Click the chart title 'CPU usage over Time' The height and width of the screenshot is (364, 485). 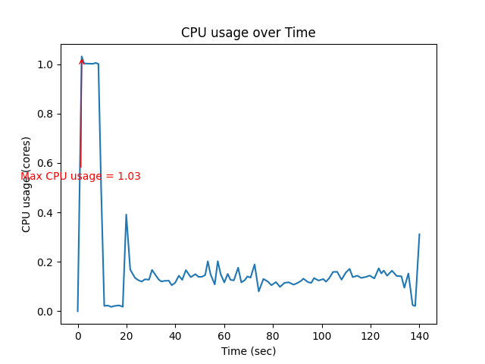248,33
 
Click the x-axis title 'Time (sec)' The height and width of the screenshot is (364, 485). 248,351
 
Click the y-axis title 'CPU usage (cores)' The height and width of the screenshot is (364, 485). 27,184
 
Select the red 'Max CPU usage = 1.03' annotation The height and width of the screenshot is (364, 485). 80,176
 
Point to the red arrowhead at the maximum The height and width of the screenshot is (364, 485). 82,60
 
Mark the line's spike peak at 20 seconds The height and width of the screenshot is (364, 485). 126,215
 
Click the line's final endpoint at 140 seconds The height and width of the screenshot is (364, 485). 419,234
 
